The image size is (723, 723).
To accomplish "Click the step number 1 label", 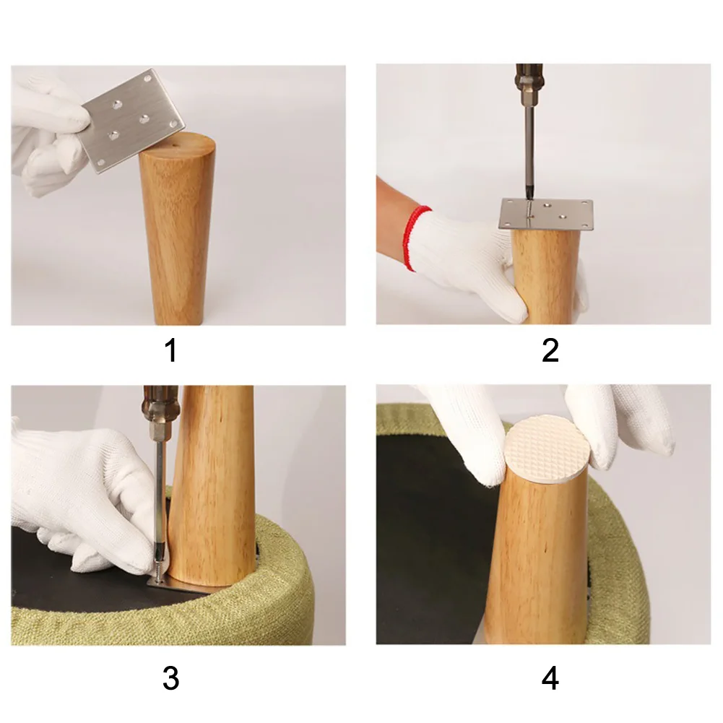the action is (x=170, y=350).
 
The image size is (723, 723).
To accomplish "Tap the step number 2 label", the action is (x=550, y=350).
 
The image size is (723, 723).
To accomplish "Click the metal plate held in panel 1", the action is (x=134, y=121).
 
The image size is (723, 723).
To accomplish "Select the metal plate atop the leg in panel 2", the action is (x=547, y=215).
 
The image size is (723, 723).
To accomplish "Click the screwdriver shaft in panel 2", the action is (x=529, y=152).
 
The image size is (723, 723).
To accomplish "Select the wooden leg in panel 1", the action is (x=177, y=229).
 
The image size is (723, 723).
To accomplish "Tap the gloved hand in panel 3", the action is (x=83, y=498).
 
